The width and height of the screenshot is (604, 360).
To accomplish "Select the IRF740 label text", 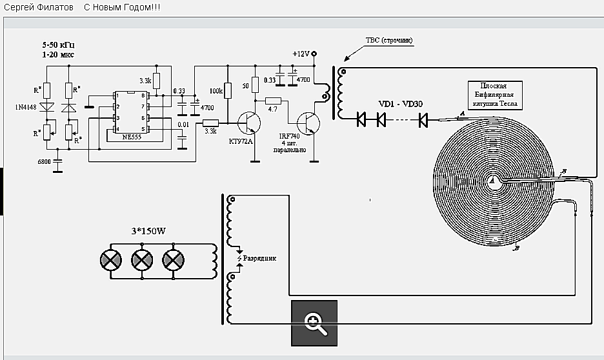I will tap(288, 137).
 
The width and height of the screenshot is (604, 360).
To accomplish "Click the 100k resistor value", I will tap(216, 92).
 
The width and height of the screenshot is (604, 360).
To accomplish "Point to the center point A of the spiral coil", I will tap(492, 182).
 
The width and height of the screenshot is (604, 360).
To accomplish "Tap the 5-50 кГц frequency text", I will tap(59, 46).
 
